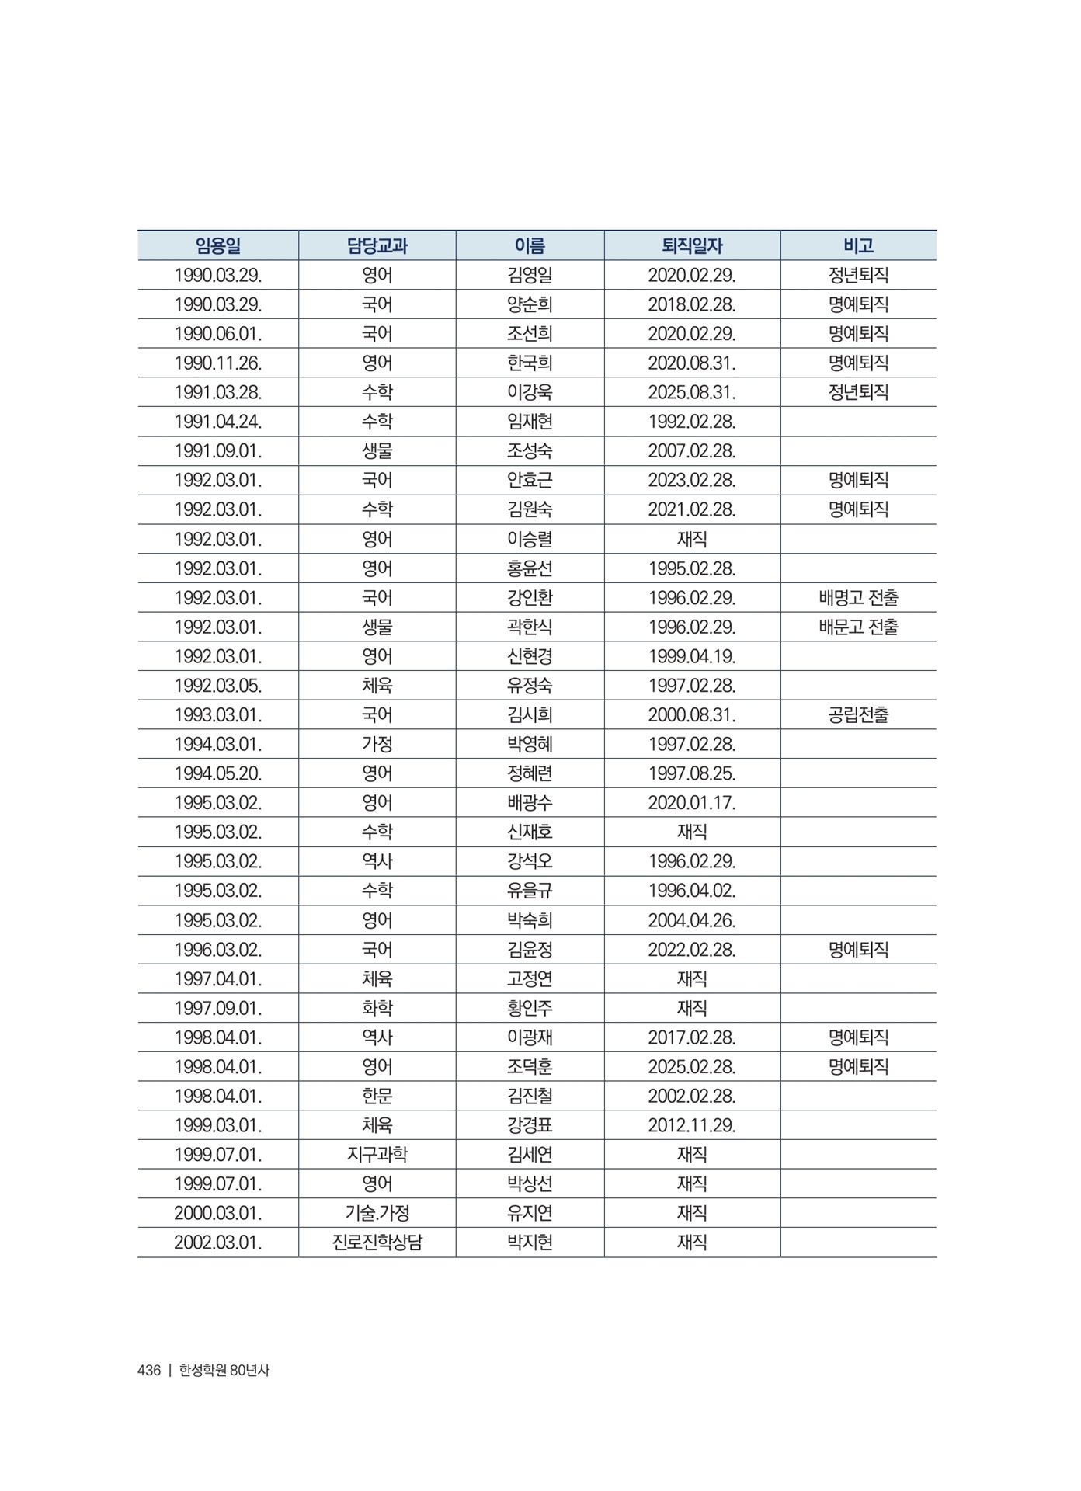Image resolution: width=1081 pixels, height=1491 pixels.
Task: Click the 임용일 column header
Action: click(x=218, y=246)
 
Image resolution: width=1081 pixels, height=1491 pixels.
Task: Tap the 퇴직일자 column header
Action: click(x=692, y=246)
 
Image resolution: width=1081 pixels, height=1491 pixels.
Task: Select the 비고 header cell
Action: click(x=858, y=246)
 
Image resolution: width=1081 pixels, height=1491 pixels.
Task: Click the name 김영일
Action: click(x=530, y=275)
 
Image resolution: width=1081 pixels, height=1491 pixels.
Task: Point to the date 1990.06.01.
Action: click(x=218, y=334)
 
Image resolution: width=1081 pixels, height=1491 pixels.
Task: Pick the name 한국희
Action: click(x=530, y=363)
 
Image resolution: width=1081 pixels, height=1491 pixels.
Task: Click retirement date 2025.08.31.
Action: click(x=692, y=392)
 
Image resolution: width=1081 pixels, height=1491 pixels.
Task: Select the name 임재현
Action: click(x=530, y=422)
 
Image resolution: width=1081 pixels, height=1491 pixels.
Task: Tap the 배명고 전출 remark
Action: click(x=858, y=598)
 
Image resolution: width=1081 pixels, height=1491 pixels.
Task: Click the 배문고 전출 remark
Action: click(x=858, y=627)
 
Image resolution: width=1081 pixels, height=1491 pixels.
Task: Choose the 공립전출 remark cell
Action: click(x=858, y=715)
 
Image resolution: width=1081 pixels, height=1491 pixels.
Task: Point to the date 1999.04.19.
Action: click(x=692, y=657)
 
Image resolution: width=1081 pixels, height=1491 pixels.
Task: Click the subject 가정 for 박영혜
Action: click(x=377, y=745)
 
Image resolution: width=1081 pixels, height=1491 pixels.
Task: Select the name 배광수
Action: click(x=530, y=803)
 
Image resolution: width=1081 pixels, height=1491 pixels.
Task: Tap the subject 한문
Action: click(x=377, y=1097)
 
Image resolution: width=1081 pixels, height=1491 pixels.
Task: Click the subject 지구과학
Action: click(x=377, y=1155)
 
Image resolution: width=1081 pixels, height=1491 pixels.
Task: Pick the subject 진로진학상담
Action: click(x=377, y=1242)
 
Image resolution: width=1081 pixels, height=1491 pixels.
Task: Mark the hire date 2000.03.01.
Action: click(x=218, y=1213)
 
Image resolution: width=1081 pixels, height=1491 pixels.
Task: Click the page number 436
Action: click(x=148, y=1371)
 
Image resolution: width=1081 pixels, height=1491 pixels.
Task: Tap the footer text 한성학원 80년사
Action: click(x=224, y=1371)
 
